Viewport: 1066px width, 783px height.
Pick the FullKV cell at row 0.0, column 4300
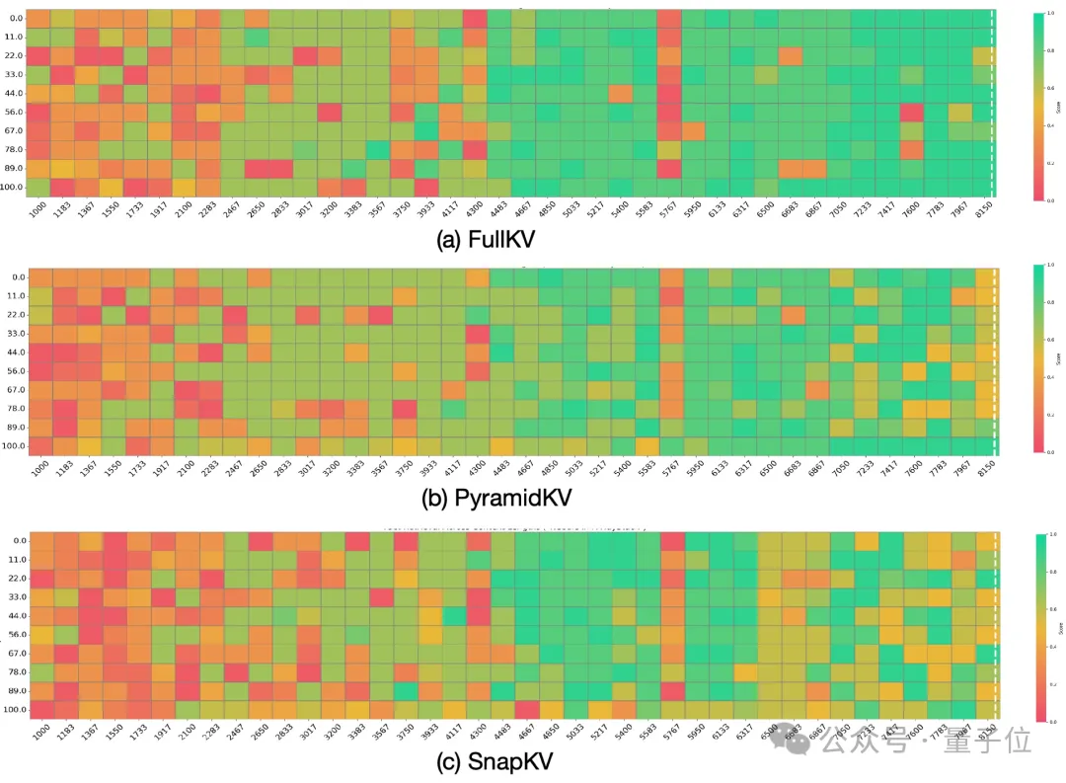(475, 19)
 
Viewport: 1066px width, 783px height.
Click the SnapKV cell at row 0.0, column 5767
(672, 541)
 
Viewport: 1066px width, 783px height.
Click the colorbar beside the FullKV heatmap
(1035, 106)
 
